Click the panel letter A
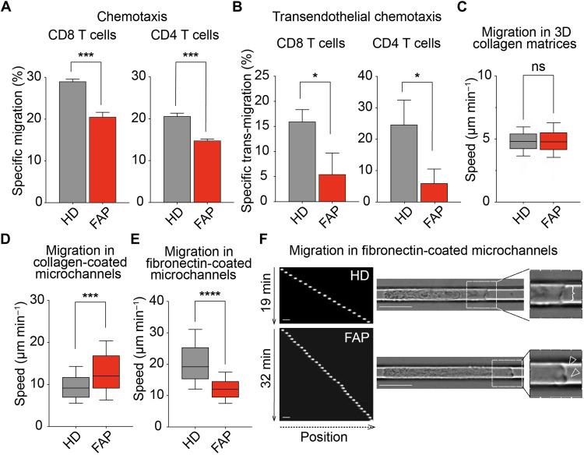(7, 7)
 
